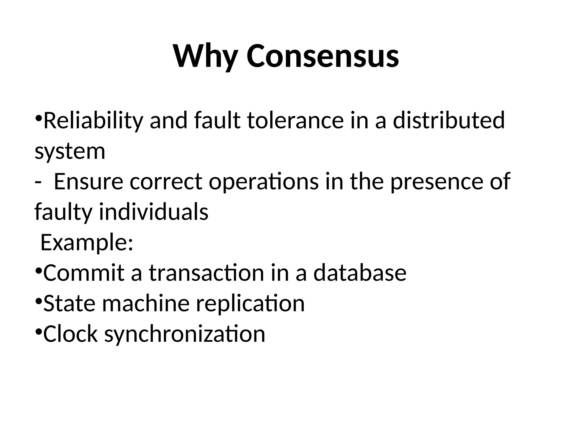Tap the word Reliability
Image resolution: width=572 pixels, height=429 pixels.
click(93, 121)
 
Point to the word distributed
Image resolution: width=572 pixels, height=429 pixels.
click(449, 121)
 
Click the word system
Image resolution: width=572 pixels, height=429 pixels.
click(70, 151)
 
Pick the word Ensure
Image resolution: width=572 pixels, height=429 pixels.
click(88, 182)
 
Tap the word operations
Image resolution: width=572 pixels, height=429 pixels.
click(264, 182)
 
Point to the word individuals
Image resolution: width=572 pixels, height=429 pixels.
click(154, 212)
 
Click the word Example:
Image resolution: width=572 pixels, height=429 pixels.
click(87, 242)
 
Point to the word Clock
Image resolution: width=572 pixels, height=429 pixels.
click(70, 334)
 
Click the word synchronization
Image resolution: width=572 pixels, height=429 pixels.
click(185, 334)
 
